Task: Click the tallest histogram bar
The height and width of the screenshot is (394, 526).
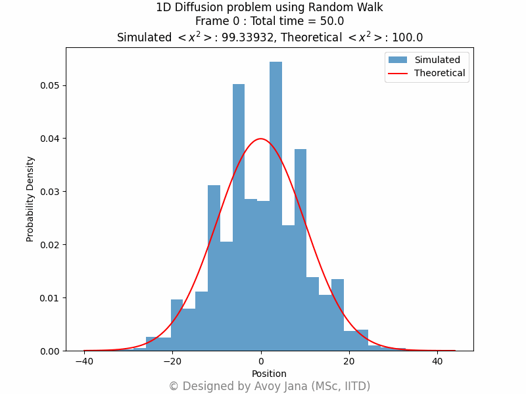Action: (x=275, y=197)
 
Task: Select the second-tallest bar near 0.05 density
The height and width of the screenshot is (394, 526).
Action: (x=239, y=210)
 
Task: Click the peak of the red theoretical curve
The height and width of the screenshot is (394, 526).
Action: (x=261, y=139)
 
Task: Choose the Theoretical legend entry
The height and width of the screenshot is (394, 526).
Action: (x=439, y=74)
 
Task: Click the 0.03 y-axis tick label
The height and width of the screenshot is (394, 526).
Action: (x=50, y=192)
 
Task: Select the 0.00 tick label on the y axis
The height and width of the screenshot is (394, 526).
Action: (x=50, y=351)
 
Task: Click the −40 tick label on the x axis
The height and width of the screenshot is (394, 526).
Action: (x=84, y=361)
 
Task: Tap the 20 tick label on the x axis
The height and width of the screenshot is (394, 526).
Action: (x=349, y=361)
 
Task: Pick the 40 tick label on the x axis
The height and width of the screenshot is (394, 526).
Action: (x=437, y=361)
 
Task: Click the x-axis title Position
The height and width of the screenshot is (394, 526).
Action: (x=269, y=374)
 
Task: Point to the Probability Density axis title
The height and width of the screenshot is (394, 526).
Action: (x=30, y=198)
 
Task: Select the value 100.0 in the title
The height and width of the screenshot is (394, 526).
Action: (x=408, y=38)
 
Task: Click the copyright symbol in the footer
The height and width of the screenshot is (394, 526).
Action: (x=174, y=386)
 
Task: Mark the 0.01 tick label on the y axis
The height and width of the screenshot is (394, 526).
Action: (x=50, y=298)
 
